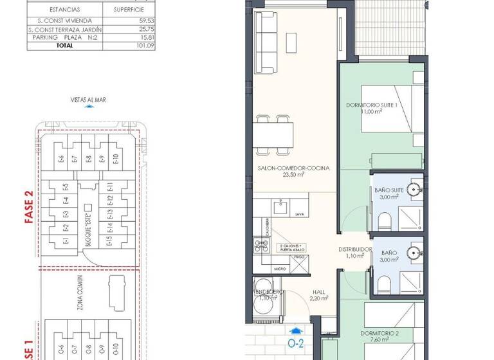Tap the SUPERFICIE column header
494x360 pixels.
(x=129, y=10)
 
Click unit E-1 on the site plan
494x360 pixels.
(x=66, y=241)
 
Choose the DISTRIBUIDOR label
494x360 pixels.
(x=356, y=249)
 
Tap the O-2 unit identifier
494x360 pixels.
(x=295, y=343)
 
